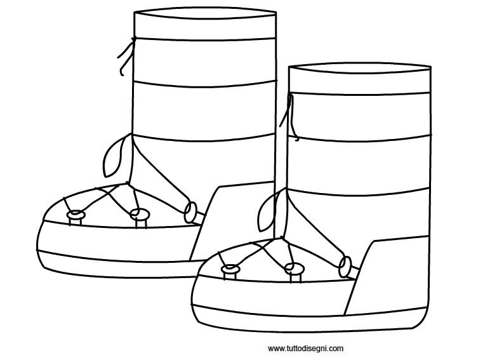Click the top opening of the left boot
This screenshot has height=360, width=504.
tap(205, 13)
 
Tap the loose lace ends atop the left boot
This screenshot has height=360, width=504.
tap(126, 57)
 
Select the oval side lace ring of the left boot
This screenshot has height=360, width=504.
tap(190, 213)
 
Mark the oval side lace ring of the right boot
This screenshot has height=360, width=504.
tap(345, 267)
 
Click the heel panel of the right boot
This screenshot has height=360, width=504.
tap(389, 275)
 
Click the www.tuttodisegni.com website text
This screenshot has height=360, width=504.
tap(305, 349)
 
